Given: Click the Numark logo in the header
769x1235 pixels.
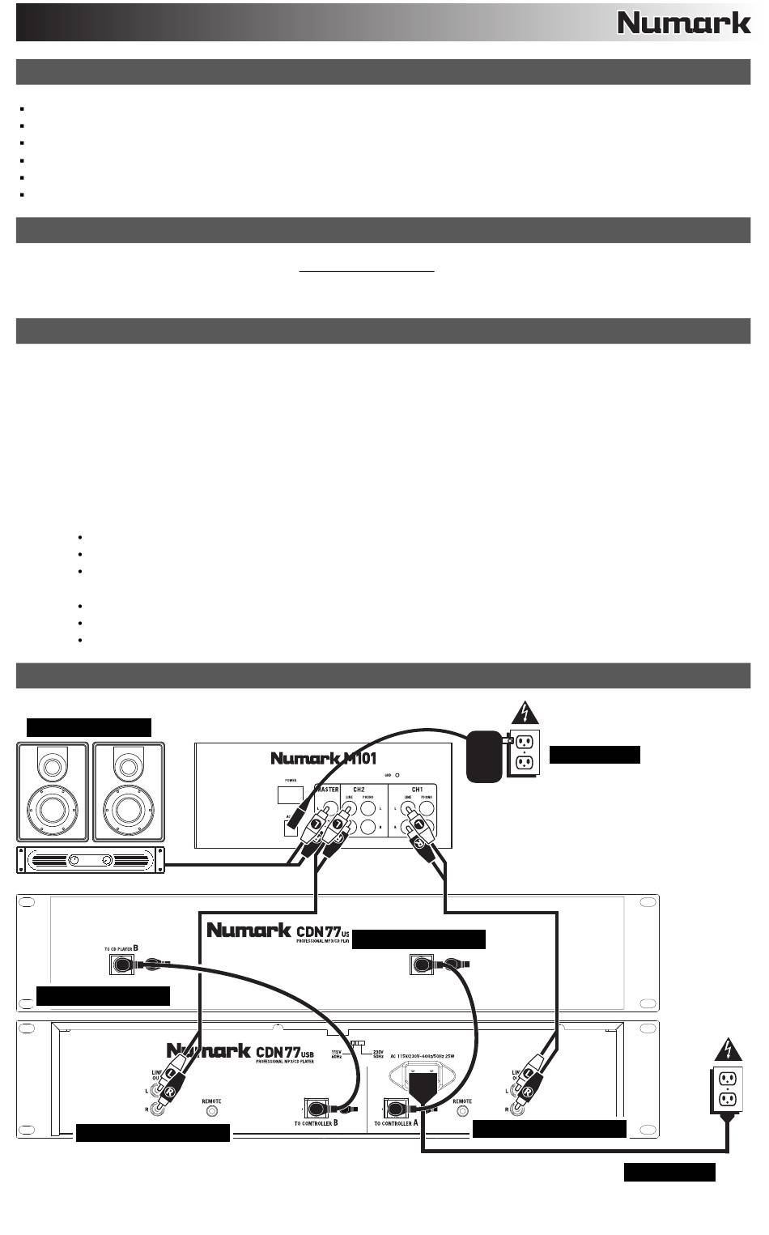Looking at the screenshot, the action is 684,23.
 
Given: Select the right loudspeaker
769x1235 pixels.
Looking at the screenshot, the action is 127,792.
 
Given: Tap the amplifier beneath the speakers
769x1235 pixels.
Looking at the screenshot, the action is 91,860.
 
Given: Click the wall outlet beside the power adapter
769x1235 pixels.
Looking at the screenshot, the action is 521,755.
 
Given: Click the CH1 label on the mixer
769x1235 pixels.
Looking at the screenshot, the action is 418,788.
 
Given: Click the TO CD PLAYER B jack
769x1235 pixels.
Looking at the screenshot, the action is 121,965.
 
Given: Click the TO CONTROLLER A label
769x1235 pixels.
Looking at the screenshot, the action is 396,1123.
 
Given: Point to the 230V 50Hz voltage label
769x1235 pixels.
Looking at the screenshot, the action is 378,1054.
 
